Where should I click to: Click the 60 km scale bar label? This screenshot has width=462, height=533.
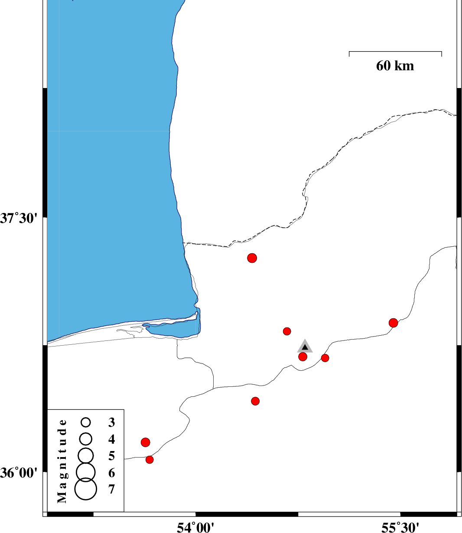point(394,66)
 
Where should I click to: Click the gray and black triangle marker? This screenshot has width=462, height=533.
point(305,346)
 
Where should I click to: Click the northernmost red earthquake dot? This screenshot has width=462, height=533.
point(252,258)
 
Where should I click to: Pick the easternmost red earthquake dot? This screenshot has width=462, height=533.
point(393,323)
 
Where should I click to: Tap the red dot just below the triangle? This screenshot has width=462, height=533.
point(303,356)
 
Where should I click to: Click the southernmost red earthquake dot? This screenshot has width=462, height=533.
point(150,460)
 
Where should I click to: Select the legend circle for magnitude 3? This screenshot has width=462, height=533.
point(86,422)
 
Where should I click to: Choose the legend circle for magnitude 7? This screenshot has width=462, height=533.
point(86,489)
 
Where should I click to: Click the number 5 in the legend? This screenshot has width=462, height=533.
point(112,456)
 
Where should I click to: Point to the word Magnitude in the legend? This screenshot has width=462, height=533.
point(62,461)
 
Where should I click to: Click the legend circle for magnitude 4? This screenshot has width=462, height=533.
point(86,439)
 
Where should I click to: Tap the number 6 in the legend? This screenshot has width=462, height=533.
point(112,473)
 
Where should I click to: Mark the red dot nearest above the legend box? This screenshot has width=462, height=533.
point(146,442)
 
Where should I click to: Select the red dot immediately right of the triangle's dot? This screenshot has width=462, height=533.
point(325,358)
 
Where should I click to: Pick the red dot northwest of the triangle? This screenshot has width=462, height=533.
point(287,331)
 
